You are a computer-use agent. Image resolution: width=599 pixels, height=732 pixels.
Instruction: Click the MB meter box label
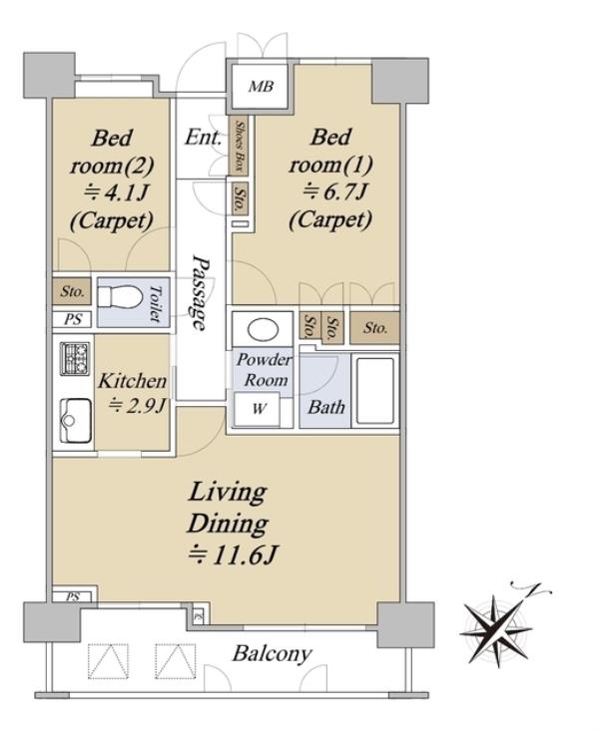pos(261,87)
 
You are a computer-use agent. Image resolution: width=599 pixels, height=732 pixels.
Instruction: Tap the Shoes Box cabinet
pos(240,145)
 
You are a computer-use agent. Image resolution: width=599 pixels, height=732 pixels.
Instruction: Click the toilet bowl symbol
pos(120,297)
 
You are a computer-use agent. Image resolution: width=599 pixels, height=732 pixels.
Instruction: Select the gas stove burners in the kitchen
pos(75,358)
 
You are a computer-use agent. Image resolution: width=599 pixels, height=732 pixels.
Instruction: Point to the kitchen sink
pos(75,420)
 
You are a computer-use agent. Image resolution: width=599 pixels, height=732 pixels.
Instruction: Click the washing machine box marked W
pos(257,409)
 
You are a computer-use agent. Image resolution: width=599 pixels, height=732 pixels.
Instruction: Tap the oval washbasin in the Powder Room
pos(263,329)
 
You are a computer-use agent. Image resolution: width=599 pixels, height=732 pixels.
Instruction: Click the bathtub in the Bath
pos(375,390)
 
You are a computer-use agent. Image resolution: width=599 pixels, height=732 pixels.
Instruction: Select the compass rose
pos(498,629)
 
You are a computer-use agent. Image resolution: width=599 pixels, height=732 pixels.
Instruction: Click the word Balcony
pos(272,654)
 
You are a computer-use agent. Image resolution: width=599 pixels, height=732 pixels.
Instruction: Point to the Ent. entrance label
pos(204,138)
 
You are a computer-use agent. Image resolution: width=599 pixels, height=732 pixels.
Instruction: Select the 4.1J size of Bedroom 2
pos(116,192)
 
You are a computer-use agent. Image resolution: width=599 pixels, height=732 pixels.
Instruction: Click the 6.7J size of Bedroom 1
pos(334,191)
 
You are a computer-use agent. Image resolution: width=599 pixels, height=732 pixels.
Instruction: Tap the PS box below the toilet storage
pos(73,320)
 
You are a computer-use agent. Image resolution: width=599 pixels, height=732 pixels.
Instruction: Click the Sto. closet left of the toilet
pos(72,291)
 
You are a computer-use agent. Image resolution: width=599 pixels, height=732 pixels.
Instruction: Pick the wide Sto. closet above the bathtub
pos(374,328)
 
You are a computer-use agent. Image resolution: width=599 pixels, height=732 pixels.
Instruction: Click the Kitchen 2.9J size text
pos(137,406)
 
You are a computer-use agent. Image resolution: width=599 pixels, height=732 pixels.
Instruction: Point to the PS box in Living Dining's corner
pos(73,596)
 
